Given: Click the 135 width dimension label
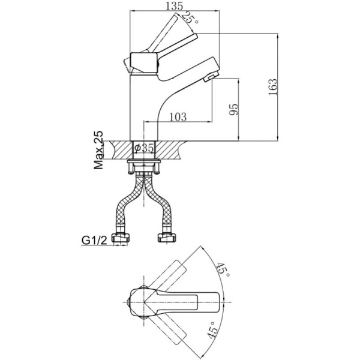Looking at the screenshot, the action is click(x=175, y=6).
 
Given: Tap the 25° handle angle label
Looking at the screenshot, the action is click(x=190, y=17).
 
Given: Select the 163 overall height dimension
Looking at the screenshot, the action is click(x=273, y=87).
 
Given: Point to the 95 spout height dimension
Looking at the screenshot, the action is click(x=235, y=109).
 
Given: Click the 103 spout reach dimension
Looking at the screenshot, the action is click(x=178, y=117).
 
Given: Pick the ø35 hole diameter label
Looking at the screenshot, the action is click(x=144, y=148).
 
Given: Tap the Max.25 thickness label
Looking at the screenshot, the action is click(x=98, y=151).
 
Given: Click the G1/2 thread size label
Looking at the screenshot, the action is click(x=94, y=241).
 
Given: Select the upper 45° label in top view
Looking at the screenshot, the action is click(x=223, y=269).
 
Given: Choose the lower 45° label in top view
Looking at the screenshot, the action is click(x=212, y=330).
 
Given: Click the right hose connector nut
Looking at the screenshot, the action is click(x=166, y=238).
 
